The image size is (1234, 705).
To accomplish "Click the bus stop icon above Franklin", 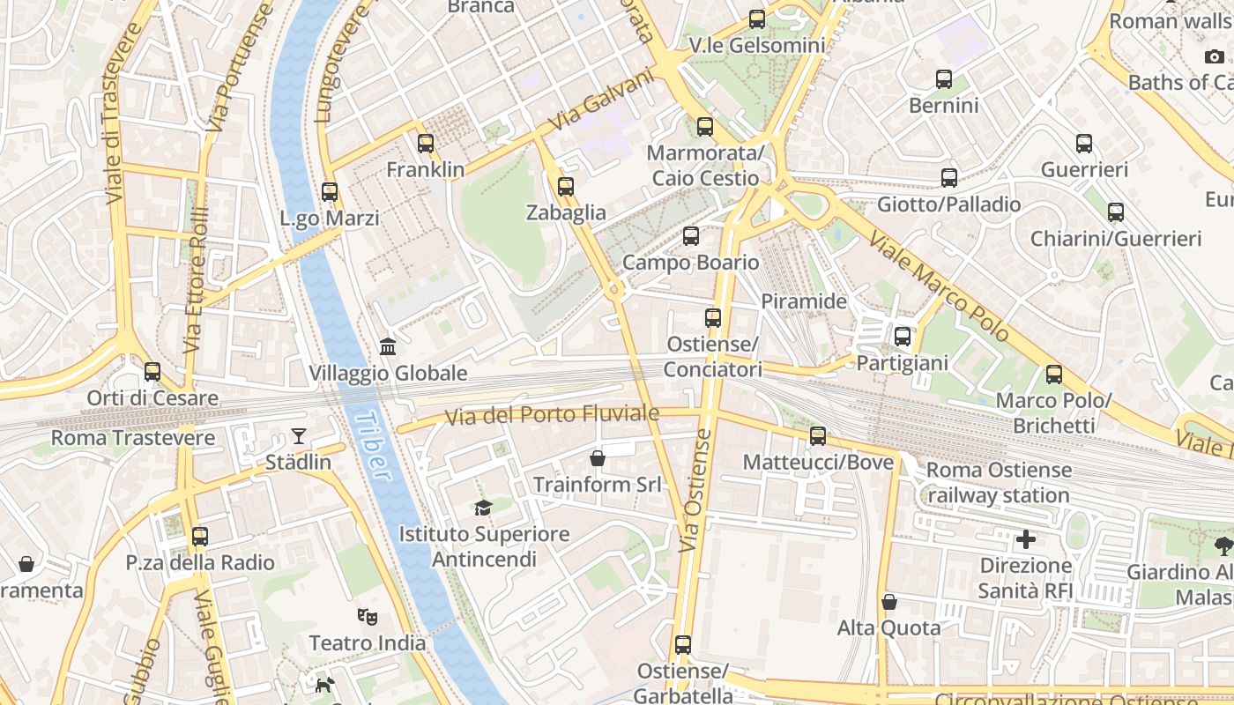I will (426, 143).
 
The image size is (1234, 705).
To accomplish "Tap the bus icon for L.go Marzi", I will (330, 191).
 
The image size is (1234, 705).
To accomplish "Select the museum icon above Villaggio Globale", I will (388, 346).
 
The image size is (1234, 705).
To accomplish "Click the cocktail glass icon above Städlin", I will (300, 435).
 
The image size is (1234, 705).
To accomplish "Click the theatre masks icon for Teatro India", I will (368, 617).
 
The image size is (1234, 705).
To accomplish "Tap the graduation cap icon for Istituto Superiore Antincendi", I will (483, 508).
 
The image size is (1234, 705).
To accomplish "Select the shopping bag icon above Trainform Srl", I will (598, 458).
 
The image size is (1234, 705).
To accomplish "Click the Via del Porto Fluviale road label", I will (553, 415).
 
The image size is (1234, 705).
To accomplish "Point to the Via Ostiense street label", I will (695, 491).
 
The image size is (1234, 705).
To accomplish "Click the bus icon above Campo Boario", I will (691, 236).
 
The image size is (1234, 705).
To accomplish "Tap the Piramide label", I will (803, 301).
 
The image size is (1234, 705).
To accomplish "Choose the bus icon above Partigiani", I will (902, 337).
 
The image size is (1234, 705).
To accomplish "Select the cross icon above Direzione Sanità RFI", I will (1026, 538).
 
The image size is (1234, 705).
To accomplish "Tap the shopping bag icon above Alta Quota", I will (889, 602).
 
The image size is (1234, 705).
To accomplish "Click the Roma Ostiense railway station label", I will (999, 482).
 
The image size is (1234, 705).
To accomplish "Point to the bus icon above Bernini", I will (944, 79).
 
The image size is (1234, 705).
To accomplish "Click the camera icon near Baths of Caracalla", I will (1215, 56).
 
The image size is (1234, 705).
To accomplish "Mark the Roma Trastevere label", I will (133, 438).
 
